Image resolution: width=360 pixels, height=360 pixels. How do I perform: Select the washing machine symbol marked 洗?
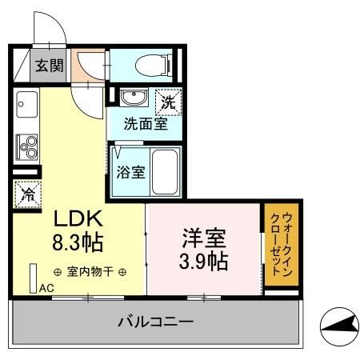coord(168,102)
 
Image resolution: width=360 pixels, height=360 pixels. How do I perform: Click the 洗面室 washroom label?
coord(145,125)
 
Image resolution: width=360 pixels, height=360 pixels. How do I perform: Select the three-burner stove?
coord(26,147)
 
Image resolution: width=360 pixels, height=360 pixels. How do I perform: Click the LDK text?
coord(78,218)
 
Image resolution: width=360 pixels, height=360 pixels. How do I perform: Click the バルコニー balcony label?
coord(155,324)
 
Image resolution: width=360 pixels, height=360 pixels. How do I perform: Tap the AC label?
coord(46,288)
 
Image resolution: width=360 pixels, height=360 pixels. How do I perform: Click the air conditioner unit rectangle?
coord(33,277)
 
